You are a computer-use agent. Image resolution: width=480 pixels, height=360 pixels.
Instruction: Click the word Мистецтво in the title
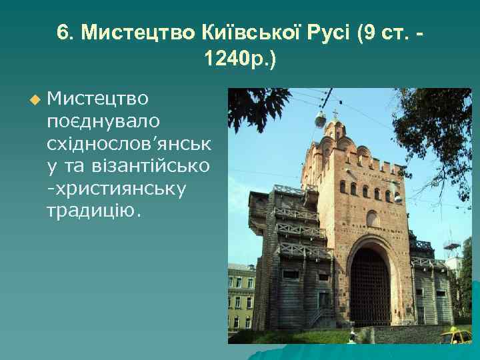tap(137, 33)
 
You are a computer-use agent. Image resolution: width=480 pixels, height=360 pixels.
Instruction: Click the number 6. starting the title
tap(65, 33)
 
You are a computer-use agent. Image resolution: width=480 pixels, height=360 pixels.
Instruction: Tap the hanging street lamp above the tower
tap(321, 120)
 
